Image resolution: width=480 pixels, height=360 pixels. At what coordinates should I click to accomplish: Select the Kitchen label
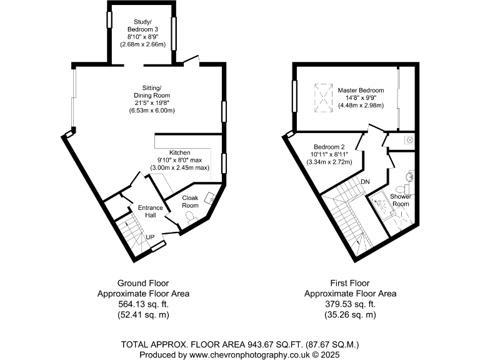(x=179, y=152)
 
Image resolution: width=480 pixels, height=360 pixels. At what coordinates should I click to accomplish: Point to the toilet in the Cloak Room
(x=191, y=216)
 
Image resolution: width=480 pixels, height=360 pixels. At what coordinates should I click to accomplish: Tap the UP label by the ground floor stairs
(x=150, y=237)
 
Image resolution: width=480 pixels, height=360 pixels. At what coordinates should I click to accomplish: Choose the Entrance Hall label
(x=150, y=211)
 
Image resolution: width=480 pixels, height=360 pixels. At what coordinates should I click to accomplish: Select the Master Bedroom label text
(x=361, y=91)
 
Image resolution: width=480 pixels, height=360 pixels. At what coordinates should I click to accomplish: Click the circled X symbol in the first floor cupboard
(x=409, y=140)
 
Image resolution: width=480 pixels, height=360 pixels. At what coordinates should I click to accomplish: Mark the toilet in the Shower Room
(x=402, y=188)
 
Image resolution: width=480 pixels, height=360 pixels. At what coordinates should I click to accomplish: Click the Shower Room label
(x=400, y=200)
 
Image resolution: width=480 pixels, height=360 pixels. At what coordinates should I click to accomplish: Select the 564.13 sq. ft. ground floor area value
(x=143, y=304)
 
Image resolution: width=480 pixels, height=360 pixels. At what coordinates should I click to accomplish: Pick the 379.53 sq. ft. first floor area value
(x=350, y=304)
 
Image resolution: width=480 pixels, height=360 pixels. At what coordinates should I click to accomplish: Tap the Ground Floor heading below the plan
(x=143, y=282)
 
